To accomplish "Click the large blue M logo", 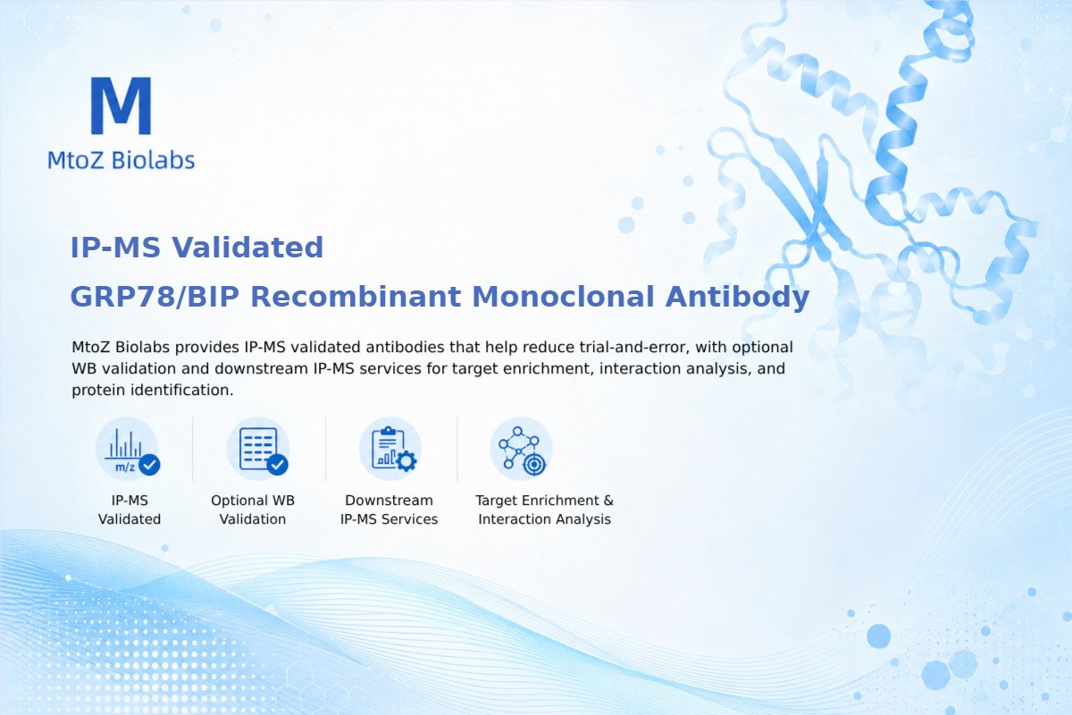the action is point(121,105).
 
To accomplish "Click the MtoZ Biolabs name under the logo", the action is point(121,160).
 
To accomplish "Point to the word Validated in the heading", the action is point(247,248).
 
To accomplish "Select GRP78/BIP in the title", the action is point(155,297).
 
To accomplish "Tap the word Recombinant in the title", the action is point(356,297).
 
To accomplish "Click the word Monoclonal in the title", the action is point(563,297).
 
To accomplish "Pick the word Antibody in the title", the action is point(737,298).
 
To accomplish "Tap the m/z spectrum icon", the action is point(127,449).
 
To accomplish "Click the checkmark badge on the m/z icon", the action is point(149,465).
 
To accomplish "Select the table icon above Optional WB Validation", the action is point(259,449).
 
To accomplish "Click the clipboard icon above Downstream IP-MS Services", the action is point(390,449).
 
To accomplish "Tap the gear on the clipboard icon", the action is point(406,461).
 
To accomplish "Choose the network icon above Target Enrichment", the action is point(521,449).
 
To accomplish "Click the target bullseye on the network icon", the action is point(534,464).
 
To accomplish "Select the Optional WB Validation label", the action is point(253,509).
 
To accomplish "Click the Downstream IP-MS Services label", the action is point(389,509).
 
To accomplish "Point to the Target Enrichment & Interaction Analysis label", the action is point(545,509).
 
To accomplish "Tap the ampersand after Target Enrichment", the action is point(608,500).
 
